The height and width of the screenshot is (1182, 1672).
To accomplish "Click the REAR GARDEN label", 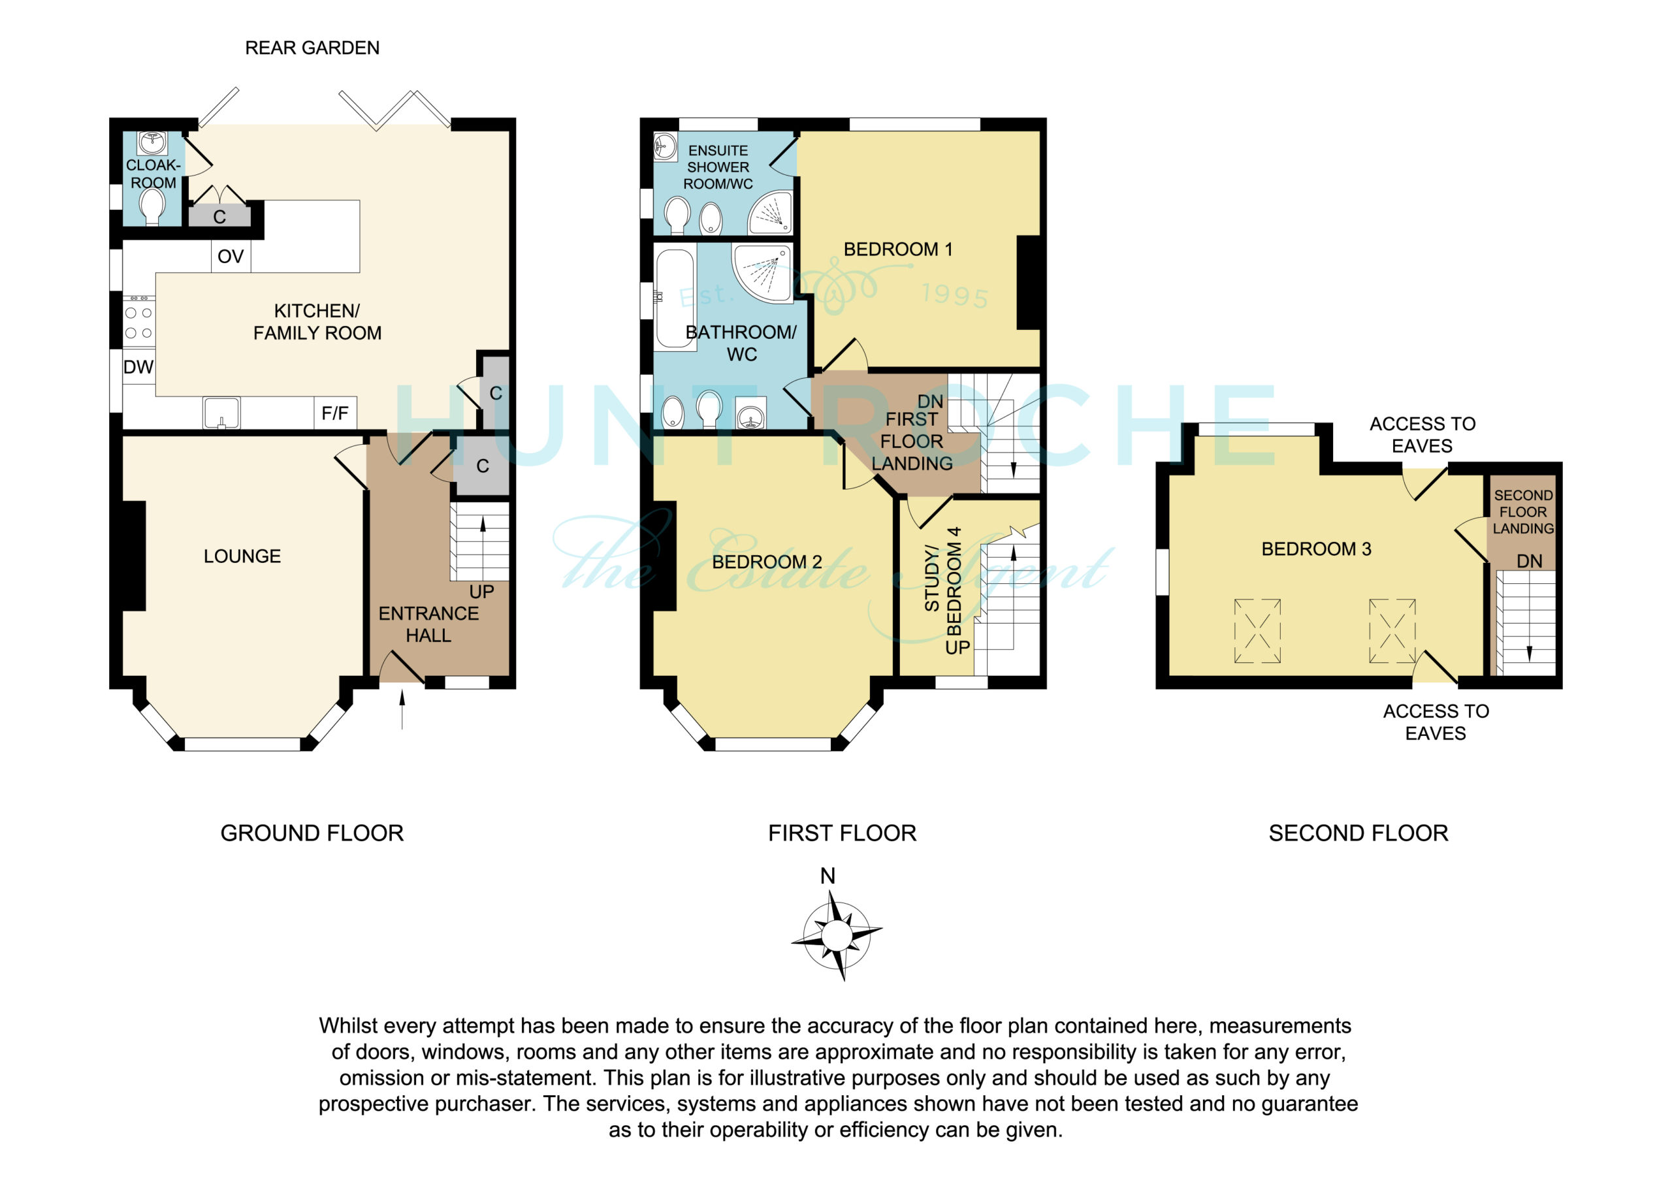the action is pyautogui.click(x=312, y=48).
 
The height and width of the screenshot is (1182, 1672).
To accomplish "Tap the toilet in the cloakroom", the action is pyautogui.click(x=152, y=208).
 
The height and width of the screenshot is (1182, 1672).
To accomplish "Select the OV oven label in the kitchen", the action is pyautogui.click(x=230, y=257).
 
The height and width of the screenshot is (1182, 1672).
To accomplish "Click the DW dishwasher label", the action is pyautogui.click(x=138, y=367).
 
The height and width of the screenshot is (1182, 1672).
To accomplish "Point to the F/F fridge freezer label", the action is pyautogui.click(x=335, y=413).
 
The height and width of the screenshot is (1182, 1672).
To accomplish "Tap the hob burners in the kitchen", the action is pyautogui.click(x=138, y=321).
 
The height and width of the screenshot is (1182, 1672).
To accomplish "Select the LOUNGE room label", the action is pyautogui.click(x=242, y=556).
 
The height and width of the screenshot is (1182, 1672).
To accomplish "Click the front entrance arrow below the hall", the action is pyautogui.click(x=402, y=708).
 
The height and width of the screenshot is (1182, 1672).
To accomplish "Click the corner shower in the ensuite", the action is pyautogui.click(x=771, y=212).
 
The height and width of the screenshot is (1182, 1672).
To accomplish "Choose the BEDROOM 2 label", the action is pyautogui.click(x=767, y=562).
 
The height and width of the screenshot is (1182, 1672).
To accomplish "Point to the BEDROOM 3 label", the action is pyautogui.click(x=1316, y=549).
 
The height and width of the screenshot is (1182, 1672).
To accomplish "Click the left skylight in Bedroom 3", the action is pyautogui.click(x=1257, y=631).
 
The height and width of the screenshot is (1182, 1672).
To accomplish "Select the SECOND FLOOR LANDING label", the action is pyautogui.click(x=1524, y=512).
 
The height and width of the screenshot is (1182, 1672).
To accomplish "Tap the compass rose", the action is pyautogui.click(x=836, y=934).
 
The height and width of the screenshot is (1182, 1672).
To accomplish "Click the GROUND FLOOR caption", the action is pyautogui.click(x=312, y=833).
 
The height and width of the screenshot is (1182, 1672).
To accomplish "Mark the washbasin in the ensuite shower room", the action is pyautogui.click(x=666, y=146).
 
